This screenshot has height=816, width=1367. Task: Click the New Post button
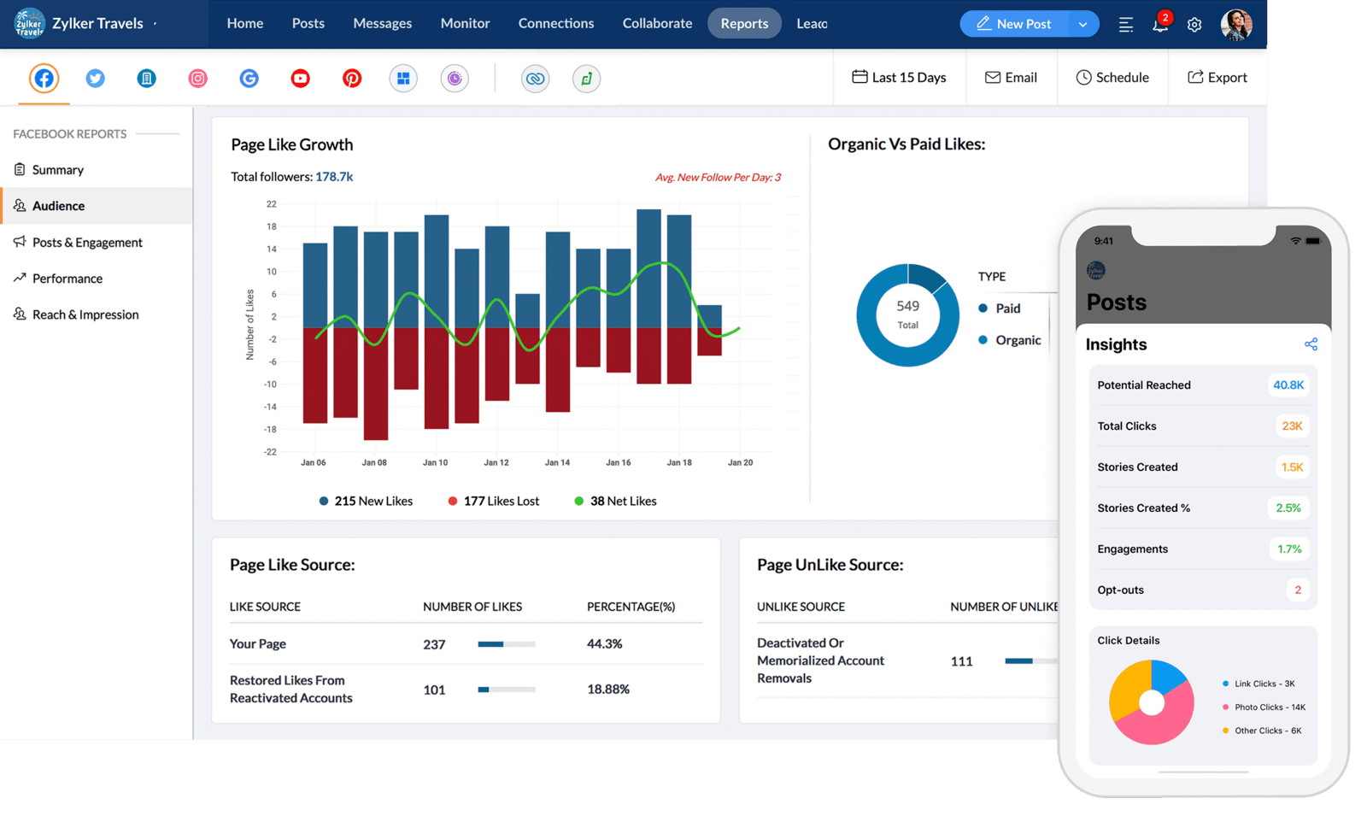click(x=1014, y=24)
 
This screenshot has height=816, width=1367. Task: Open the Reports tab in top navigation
click(x=743, y=24)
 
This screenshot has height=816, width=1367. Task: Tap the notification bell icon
click(x=1159, y=25)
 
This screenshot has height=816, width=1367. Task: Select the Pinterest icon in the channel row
click(x=352, y=79)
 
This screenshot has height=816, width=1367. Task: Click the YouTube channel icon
click(x=300, y=79)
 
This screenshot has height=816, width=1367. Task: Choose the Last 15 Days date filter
click(x=899, y=78)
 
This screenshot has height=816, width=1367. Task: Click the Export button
click(x=1217, y=78)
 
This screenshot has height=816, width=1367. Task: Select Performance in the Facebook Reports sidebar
click(x=67, y=279)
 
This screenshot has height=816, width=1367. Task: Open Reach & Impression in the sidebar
click(x=85, y=314)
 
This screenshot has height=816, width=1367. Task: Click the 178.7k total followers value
click(x=334, y=177)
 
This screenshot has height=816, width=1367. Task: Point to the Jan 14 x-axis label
click(x=557, y=462)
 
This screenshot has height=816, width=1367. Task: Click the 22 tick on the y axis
click(x=271, y=204)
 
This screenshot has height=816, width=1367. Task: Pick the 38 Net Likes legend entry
click(x=622, y=502)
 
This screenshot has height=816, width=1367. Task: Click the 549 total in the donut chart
click(x=907, y=307)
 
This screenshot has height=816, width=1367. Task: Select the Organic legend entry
click(x=1017, y=340)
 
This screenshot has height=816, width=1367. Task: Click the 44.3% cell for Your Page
click(x=604, y=644)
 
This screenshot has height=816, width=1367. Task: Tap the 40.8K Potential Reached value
click(x=1288, y=385)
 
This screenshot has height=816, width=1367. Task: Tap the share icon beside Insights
click(x=1311, y=344)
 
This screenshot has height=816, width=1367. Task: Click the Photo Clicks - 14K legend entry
click(x=1269, y=707)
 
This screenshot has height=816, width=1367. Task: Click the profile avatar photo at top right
click(x=1235, y=25)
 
